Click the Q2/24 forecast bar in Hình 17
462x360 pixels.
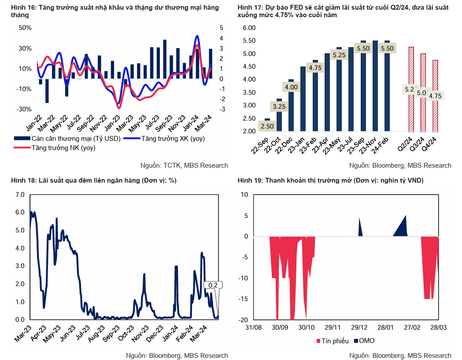(x=411, y=89)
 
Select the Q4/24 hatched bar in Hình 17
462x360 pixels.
(x=435, y=96)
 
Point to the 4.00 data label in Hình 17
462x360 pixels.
(x=291, y=87)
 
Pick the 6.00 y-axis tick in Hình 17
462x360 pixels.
(x=249, y=28)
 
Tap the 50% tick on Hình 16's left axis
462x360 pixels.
(x=26, y=28)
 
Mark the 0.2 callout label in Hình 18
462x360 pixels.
(x=213, y=285)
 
